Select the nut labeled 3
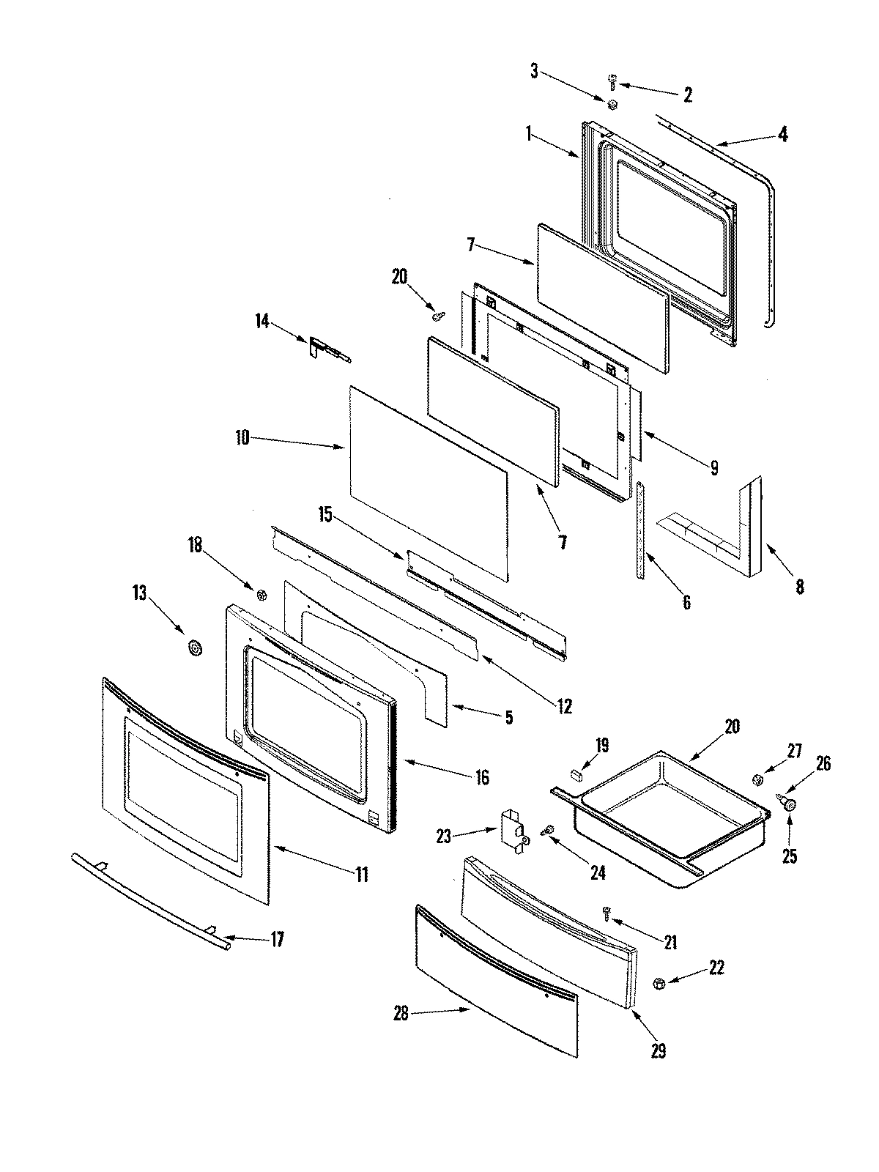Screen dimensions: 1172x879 click(x=614, y=105)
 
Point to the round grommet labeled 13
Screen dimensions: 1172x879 click(x=195, y=648)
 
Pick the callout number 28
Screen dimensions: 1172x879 click(x=401, y=1014)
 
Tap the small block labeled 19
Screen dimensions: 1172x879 click(x=576, y=773)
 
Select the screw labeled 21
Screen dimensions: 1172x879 click(x=607, y=912)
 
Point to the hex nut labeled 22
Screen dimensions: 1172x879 click(x=659, y=983)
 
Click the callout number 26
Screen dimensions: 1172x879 click(x=823, y=763)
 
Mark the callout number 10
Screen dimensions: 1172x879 click(x=242, y=438)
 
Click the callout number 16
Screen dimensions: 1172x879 click(x=482, y=776)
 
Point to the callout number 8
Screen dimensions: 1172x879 click(x=800, y=587)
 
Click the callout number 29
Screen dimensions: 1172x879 click(x=658, y=1052)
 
